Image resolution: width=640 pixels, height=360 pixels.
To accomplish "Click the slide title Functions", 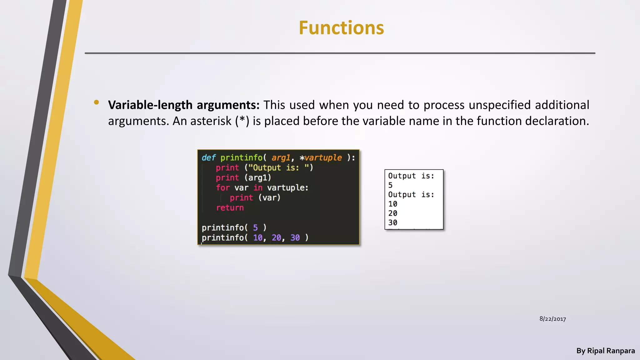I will (341, 28).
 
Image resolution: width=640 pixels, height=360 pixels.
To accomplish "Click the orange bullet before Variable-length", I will (96, 102).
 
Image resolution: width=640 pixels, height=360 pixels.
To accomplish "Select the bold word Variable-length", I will (150, 105).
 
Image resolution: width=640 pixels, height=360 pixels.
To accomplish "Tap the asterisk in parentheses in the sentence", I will (242, 121).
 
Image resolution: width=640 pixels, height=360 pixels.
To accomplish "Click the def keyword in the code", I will (208, 158).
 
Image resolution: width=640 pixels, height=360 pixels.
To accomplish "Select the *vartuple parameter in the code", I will (321, 158).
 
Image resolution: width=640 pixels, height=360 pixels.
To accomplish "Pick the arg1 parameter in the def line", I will (281, 158).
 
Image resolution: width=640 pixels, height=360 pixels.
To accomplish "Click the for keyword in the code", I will (223, 188).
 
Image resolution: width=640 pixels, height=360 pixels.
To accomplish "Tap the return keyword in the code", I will (230, 208).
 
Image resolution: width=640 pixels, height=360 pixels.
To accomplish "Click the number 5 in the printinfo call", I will (255, 228).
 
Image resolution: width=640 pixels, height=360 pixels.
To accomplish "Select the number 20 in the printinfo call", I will (276, 238).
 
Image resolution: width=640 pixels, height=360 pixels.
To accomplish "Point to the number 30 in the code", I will (295, 238).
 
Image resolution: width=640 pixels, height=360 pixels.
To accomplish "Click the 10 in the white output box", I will (393, 204).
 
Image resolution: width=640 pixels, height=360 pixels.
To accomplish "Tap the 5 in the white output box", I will (390, 185).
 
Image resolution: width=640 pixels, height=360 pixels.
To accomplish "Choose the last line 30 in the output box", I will (393, 223).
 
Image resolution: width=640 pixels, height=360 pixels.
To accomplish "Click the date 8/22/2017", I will (552, 319).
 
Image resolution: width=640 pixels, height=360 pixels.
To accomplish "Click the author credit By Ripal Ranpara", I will (605, 351).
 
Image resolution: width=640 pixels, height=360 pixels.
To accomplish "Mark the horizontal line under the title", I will (340, 53).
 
